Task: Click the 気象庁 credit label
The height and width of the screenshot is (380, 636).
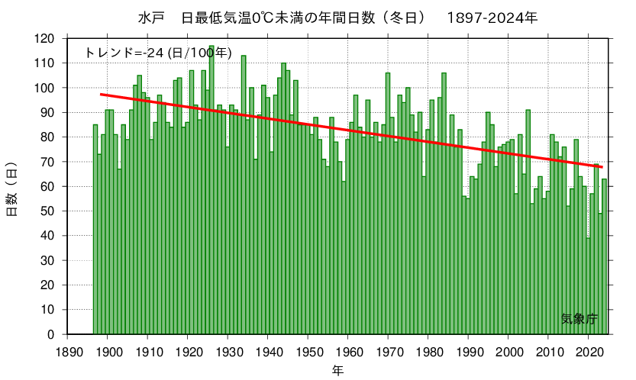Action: pos(579,319)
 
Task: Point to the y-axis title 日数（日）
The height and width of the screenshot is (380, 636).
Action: pos(12,188)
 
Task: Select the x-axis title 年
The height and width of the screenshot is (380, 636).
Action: pos(337,371)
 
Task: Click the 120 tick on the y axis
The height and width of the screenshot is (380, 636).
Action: pos(46,38)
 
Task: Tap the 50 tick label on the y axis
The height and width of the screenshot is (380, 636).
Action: pos(49,211)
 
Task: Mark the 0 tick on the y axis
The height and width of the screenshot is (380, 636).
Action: pos(52,334)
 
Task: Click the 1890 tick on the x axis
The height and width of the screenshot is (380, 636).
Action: pos(67,350)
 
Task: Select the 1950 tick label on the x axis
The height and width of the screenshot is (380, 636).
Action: pos(308,350)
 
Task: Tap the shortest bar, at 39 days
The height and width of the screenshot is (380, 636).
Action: pos(588,286)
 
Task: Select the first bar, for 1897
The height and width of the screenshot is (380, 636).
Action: pos(95,229)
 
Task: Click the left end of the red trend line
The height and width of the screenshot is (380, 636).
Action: pos(101,94)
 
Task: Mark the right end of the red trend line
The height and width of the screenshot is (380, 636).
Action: pos(602,167)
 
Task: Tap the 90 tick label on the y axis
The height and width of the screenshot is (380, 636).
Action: pos(49,112)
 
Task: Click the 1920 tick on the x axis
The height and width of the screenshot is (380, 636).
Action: pos(188,350)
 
